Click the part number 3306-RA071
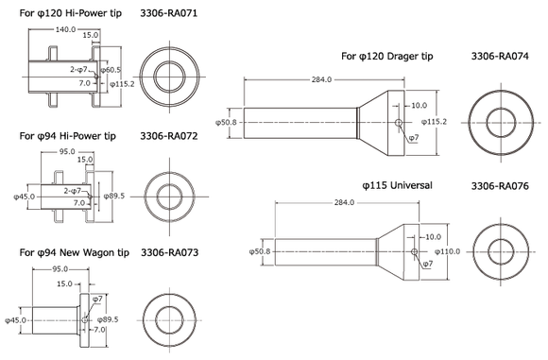[169, 13]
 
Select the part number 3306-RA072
[169, 136]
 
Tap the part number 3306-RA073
[169, 252]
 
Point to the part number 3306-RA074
[500, 57]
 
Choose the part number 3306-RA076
[500, 185]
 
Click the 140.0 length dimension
[65, 29]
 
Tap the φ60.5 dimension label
[111, 70]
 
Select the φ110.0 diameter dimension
[447, 251]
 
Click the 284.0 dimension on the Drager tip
[321, 79]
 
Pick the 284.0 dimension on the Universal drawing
[344, 203]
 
